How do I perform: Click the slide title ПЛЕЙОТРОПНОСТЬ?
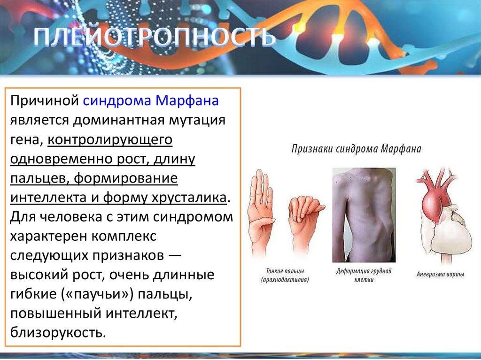click(154, 38)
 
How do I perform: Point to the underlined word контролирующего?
click(110, 140)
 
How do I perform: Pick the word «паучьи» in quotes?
click(100, 294)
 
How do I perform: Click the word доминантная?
click(119, 121)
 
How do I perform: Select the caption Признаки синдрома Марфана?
click(356, 149)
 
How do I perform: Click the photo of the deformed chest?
click(364, 215)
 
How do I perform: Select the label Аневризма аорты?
click(440, 274)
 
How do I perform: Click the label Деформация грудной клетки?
click(364, 275)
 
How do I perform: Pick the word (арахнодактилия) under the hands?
click(285, 280)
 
